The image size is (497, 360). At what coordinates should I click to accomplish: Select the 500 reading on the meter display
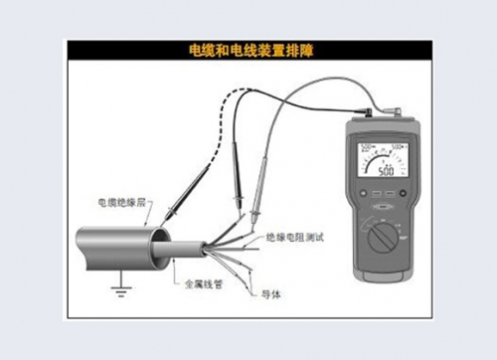pos(384,170)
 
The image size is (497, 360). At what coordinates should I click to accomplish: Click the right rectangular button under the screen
pos(390,194)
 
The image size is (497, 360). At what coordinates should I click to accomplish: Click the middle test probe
pos(239,199)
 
